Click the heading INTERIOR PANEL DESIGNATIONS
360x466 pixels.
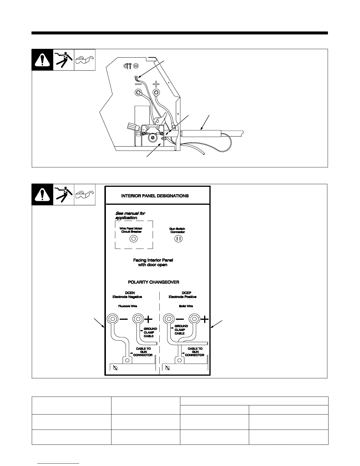point(155,196)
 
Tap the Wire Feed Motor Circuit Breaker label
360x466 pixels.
point(131,230)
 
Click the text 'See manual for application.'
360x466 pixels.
point(130,216)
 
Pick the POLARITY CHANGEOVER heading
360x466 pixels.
point(153,282)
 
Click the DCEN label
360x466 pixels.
point(130,293)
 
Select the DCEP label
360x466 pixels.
point(186,293)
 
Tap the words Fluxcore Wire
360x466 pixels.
point(127,306)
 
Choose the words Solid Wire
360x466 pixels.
point(186,306)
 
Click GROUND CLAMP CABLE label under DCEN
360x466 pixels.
point(150,332)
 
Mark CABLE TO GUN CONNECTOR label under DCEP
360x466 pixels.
point(195,352)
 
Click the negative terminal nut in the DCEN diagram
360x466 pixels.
point(112,319)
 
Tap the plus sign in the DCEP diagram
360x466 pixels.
point(205,319)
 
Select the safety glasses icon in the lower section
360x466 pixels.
point(85,194)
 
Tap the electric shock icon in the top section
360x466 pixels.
point(64,60)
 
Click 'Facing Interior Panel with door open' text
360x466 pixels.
point(153,262)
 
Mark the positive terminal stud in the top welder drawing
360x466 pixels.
point(156,93)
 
